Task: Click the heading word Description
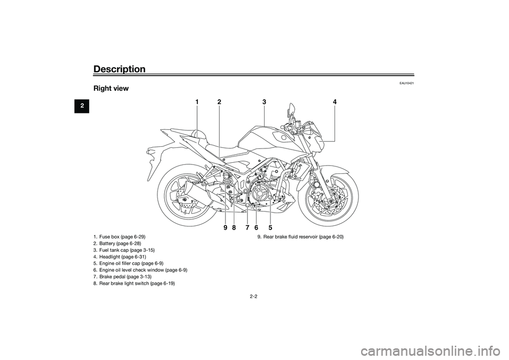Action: [119, 69]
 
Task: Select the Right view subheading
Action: [111, 89]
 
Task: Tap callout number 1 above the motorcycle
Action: [196, 101]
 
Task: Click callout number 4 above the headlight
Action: [335, 101]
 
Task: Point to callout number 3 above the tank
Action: [264, 101]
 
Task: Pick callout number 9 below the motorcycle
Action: [225, 227]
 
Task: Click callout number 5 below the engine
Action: [270, 227]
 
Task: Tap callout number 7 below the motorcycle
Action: [247, 227]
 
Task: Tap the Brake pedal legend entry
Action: [121, 276]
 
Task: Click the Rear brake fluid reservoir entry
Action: [301, 236]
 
